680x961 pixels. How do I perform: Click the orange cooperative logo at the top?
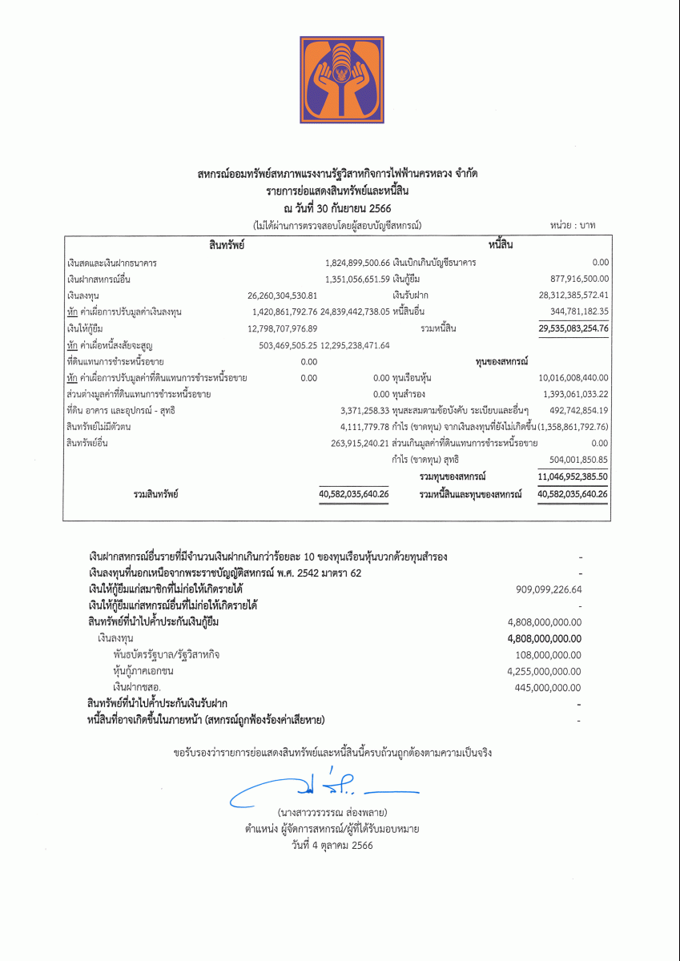(x=342, y=79)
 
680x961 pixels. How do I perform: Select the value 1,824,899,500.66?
(x=357, y=263)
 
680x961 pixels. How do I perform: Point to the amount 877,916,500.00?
(x=575, y=279)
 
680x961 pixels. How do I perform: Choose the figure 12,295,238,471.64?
(x=355, y=345)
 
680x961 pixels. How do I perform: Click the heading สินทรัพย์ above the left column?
(x=227, y=244)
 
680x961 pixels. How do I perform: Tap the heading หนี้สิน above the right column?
(x=501, y=244)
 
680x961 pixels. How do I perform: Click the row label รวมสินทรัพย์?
(x=155, y=494)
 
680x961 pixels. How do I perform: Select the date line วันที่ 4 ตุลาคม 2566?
(x=332, y=845)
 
